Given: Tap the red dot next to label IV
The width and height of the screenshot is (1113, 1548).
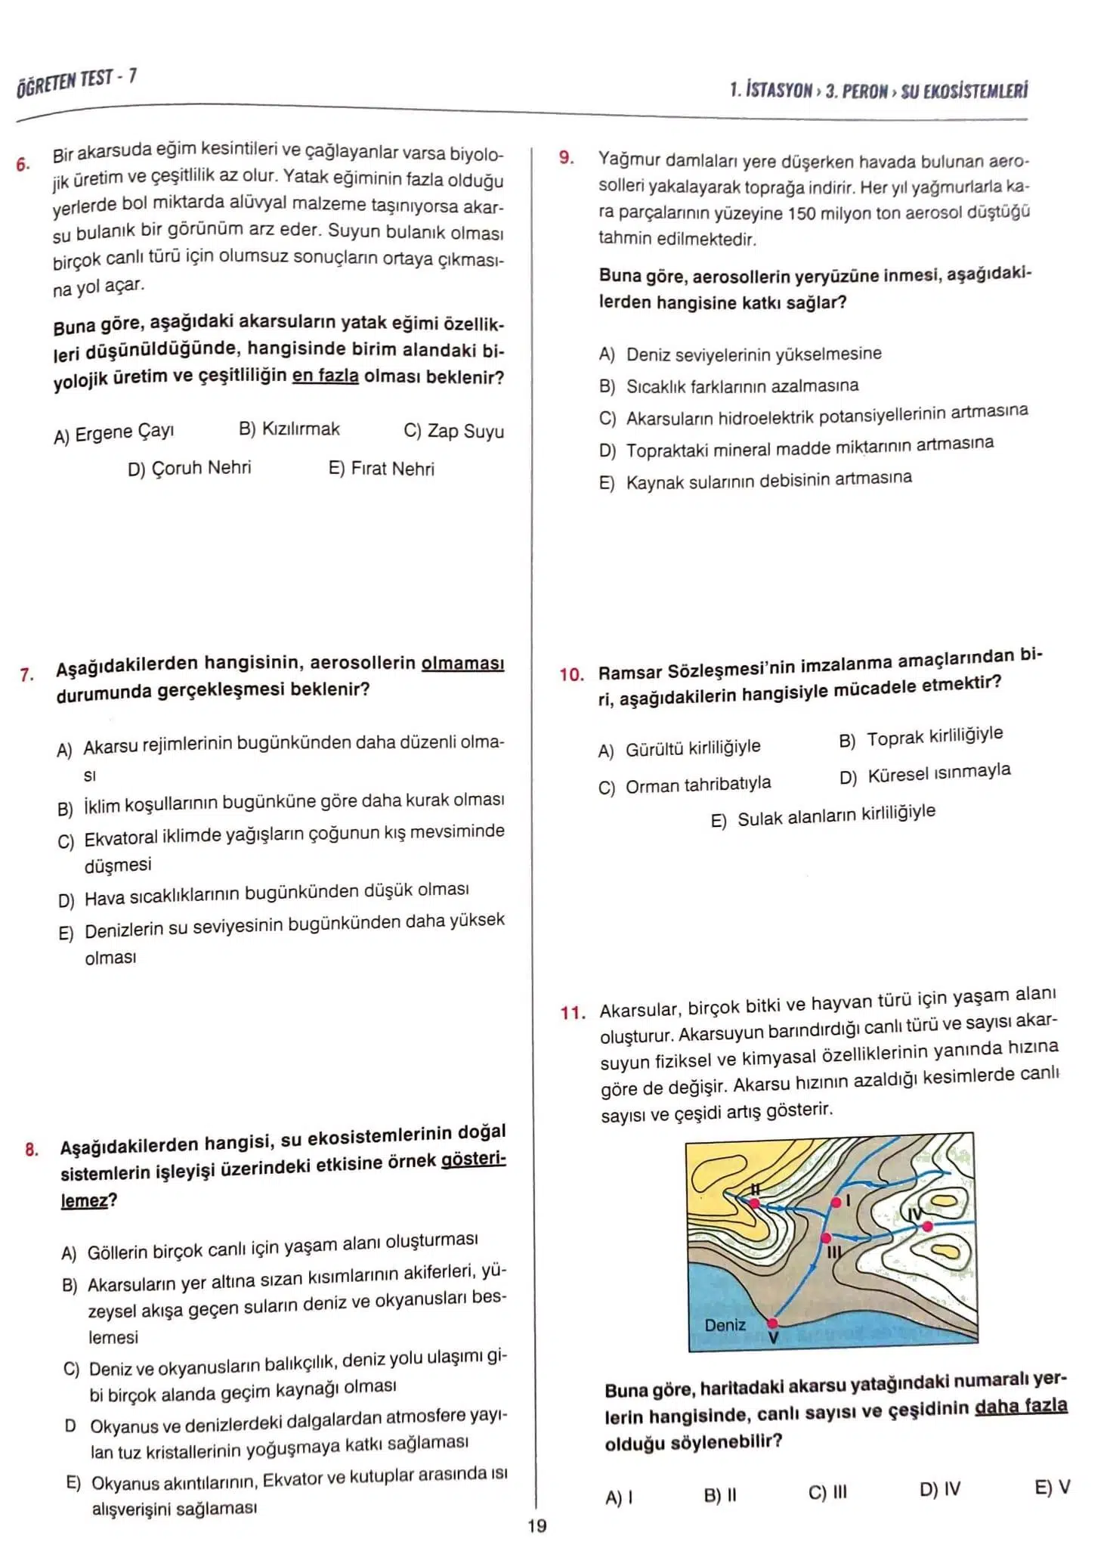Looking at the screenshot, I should (928, 1225).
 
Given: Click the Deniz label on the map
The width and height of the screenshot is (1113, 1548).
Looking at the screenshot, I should (725, 1325).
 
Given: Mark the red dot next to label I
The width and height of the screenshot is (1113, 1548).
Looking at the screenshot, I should (836, 1202).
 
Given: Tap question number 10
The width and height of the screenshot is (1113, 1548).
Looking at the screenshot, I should (571, 674).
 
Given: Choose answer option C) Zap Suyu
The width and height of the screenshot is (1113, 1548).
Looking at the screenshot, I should (453, 431).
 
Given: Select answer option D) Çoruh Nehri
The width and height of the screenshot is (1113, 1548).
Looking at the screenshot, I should (189, 469).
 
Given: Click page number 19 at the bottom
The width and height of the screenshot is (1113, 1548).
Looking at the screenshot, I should (536, 1525).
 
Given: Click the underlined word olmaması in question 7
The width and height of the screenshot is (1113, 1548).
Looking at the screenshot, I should (462, 664).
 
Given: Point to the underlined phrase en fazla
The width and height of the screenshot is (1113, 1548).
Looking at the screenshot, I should (325, 376).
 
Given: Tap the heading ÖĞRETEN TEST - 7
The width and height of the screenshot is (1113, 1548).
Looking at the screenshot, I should (76, 82).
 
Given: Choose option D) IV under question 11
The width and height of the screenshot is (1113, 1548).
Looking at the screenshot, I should (939, 1489).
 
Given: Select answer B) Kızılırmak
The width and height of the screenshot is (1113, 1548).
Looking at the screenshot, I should (289, 429).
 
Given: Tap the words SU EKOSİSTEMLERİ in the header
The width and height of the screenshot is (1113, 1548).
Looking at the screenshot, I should (964, 91).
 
